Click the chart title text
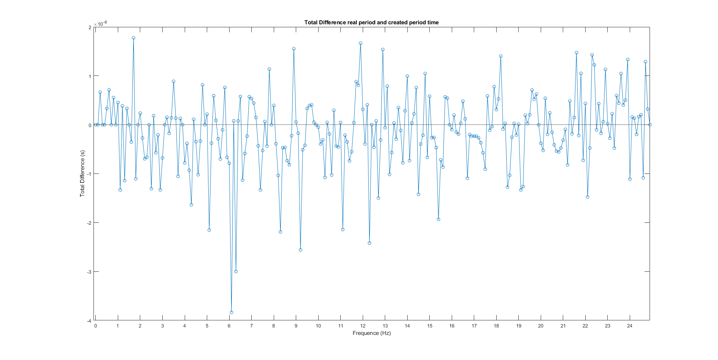(371, 22)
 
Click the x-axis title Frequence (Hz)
(371, 333)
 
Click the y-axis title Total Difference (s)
(82, 174)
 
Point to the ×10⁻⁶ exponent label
(100, 24)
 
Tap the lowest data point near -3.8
(231, 313)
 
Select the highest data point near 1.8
(134, 38)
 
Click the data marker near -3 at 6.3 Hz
(236, 271)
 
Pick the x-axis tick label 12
(363, 326)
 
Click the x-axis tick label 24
(630, 326)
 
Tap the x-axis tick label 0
(95, 326)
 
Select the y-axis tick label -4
(89, 321)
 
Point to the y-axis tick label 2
(90, 27)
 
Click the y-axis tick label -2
(89, 223)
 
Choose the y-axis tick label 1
(90, 76)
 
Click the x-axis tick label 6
(229, 326)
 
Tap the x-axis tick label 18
(496, 326)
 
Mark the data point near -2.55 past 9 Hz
(301, 250)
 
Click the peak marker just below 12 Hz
(360, 43)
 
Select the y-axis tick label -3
(89, 272)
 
